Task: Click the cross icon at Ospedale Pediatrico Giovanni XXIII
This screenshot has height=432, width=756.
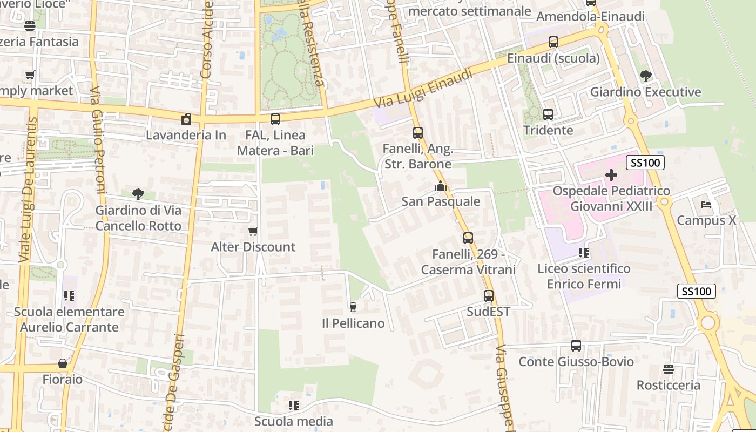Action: coord(611,175)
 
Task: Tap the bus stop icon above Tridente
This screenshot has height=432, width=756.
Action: coord(548,114)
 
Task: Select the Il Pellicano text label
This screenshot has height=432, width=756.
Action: coord(353,323)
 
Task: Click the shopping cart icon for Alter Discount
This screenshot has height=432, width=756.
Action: coord(253,232)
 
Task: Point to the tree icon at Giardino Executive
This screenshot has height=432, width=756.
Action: coord(645,76)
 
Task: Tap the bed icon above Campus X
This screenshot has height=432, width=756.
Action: coord(706,205)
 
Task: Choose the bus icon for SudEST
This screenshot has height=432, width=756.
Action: coord(489,296)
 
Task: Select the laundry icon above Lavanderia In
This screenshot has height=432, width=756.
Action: coord(186,119)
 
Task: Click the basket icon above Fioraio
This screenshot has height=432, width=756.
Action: coord(63,363)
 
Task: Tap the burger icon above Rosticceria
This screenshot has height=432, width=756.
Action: coord(669,369)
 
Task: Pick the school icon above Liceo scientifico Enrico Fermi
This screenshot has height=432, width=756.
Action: coord(583,252)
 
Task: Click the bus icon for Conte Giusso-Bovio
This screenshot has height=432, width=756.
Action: coord(576,346)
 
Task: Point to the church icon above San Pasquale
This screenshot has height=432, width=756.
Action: coord(441,186)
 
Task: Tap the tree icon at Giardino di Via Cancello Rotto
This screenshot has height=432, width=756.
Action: coord(138,194)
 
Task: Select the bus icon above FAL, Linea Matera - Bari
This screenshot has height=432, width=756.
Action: coord(275,119)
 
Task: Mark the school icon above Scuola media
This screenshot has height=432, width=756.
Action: coord(294,405)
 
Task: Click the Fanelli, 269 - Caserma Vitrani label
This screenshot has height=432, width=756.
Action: coord(468,262)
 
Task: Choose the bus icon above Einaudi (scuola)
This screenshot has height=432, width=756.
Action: coord(553,42)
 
